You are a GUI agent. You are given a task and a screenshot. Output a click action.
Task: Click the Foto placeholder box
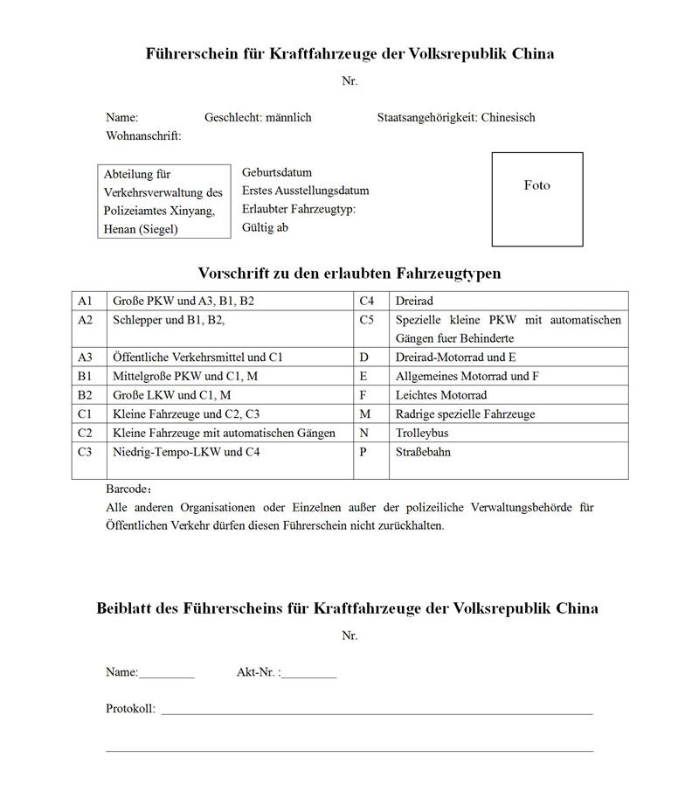click(x=536, y=199)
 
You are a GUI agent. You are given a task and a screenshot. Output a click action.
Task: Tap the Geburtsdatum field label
click(x=277, y=172)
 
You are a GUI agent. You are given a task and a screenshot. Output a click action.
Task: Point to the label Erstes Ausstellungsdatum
click(x=305, y=191)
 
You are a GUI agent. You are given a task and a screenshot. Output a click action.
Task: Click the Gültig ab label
click(x=265, y=227)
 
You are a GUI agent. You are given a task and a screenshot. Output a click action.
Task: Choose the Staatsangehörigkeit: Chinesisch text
click(x=456, y=117)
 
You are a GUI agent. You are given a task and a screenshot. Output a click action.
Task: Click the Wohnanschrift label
click(x=143, y=135)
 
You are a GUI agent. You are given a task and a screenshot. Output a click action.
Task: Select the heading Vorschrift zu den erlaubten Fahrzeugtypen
click(x=349, y=273)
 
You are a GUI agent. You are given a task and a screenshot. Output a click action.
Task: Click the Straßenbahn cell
click(x=424, y=452)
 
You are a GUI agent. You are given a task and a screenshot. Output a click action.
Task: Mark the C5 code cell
click(x=368, y=320)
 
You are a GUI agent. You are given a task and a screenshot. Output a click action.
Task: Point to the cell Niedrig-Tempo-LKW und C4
click(x=186, y=452)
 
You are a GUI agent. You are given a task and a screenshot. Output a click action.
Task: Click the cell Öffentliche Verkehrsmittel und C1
click(x=197, y=358)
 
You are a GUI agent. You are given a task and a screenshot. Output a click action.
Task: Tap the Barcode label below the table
click(x=128, y=489)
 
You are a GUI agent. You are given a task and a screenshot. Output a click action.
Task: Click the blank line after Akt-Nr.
click(x=308, y=674)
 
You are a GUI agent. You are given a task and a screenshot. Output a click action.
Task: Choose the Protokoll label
click(x=130, y=709)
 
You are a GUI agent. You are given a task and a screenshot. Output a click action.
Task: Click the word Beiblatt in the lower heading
click(x=125, y=608)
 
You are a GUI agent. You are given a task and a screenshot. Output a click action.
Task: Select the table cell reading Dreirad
click(x=415, y=301)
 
